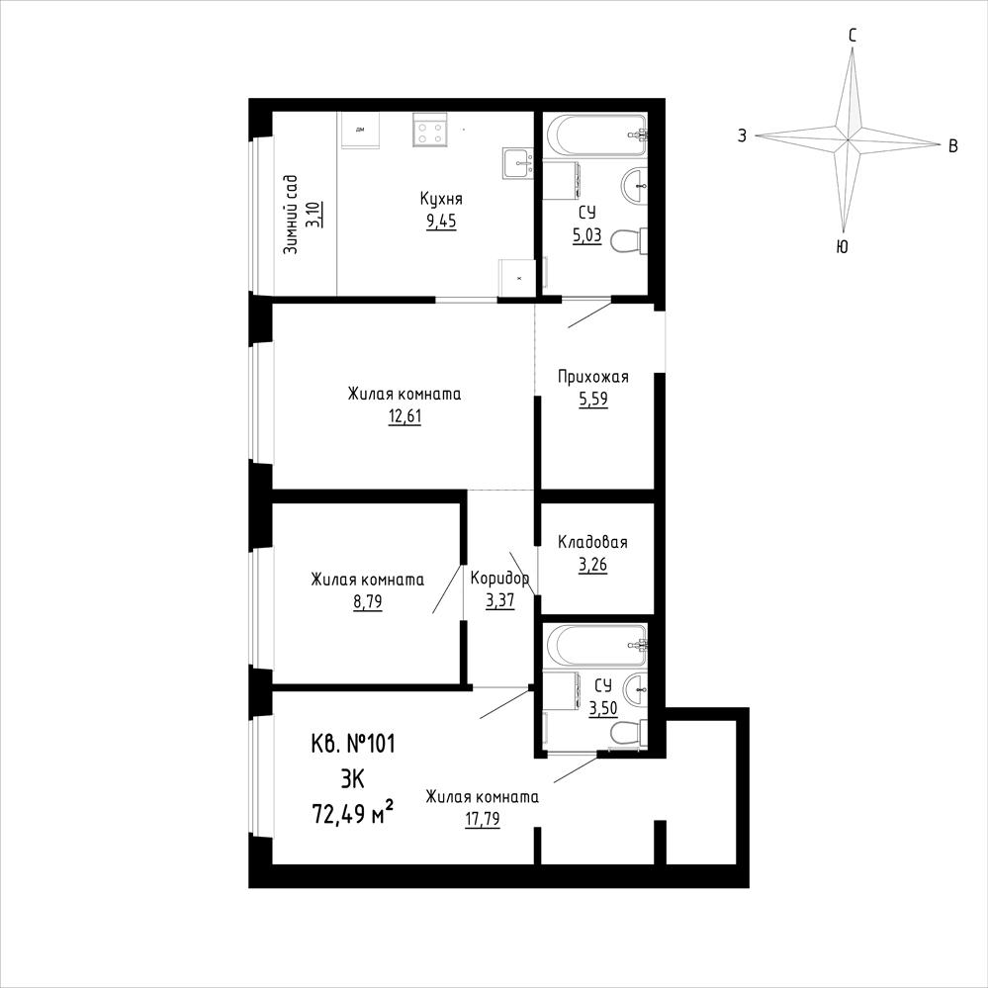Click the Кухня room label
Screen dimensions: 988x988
[441, 199]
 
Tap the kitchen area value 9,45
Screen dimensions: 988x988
[441, 222]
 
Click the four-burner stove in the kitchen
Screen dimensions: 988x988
[430, 130]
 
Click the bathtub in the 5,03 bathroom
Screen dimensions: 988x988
[596, 135]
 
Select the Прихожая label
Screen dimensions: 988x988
[593, 377]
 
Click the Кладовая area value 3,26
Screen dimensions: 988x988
[593, 565]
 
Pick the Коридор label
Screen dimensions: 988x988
[499, 578]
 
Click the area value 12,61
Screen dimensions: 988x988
[404, 416]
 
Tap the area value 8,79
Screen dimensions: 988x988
[367, 602]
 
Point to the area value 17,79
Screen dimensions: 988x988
[482, 820]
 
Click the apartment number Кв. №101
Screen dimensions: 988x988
[353, 744]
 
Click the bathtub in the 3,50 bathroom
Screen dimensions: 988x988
[596, 645]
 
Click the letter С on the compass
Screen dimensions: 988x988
[853, 36]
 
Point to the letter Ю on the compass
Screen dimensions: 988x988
[842, 247]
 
